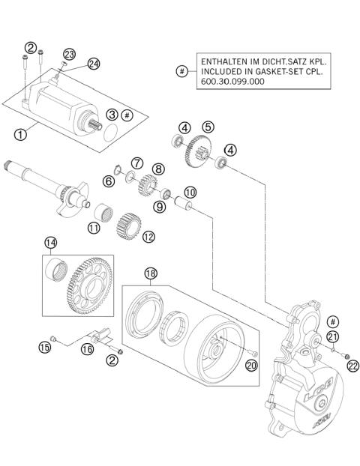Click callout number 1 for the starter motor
[x=20, y=135]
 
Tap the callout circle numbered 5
[x=208, y=127]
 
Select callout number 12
[x=148, y=237]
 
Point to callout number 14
[x=50, y=242]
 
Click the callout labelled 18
[x=150, y=275]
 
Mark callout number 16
[x=87, y=348]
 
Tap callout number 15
[x=45, y=346]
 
